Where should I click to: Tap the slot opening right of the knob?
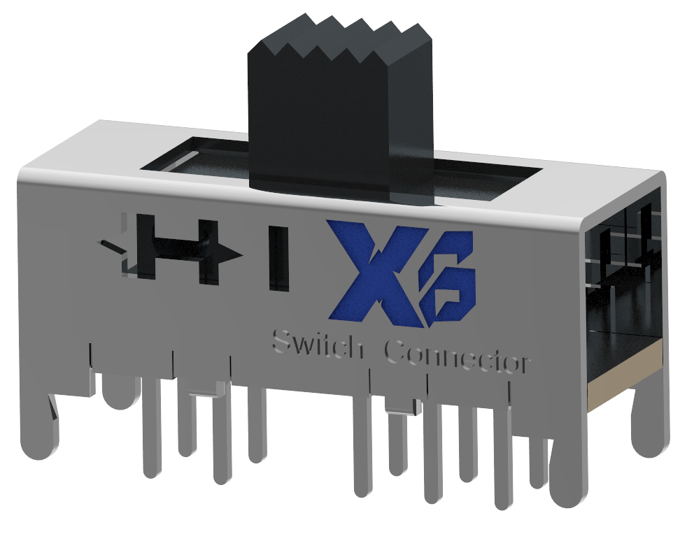pos(490,178)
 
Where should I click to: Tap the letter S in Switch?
pos(283,342)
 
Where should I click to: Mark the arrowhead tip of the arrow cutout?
pos(241,254)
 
